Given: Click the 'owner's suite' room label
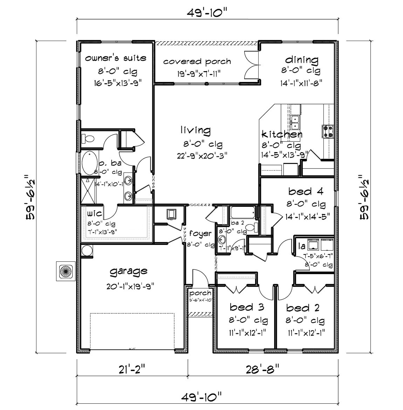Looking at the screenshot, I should (x=116, y=58).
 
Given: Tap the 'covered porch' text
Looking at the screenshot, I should (x=197, y=62).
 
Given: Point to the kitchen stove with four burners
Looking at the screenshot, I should (x=328, y=131).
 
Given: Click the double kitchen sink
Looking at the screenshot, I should (x=295, y=122).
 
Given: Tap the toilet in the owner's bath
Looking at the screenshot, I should (x=88, y=139).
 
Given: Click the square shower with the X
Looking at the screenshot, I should (x=89, y=191).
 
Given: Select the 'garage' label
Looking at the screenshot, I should (x=128, y=271).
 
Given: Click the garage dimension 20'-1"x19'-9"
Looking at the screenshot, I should (x=131, y=286).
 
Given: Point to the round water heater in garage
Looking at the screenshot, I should (x=87, y=251).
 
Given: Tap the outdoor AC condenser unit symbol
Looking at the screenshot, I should (x=65, y=271).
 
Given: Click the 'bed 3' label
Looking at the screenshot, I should (x=246, y=307).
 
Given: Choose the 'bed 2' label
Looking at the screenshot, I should (x=303, y=308).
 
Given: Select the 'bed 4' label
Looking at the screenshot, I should (x=305, y=191).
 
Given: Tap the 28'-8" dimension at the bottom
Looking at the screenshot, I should (x=262, y=368).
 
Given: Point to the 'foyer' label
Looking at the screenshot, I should (x=200, y=233).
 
